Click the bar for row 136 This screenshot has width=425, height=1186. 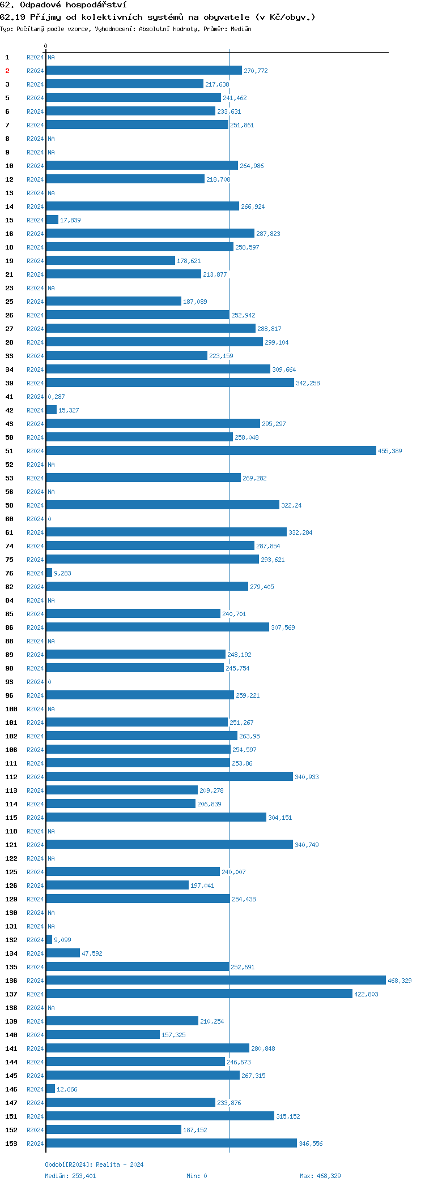click(215, 980)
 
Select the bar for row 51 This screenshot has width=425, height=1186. click(211, 450)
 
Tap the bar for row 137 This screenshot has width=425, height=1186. click(199, 994)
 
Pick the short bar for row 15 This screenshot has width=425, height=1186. click(52, 220)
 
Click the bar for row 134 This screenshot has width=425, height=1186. click(63, 953)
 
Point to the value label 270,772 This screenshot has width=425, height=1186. click(256, 71)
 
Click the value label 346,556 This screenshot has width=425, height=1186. click(311, 1144)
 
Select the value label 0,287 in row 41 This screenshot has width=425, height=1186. click(56, 397)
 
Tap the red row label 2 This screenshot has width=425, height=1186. click(7, 71)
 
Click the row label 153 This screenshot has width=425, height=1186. click(11, 1144)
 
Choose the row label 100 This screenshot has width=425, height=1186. click(11, 709)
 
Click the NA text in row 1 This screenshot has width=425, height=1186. click(51, 57)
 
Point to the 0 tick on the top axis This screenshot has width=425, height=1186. click(46, 46)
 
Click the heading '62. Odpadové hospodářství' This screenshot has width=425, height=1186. click(63, 5)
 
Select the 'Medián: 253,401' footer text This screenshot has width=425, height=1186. click(70, 1176)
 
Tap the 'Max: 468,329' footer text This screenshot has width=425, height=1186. click(320, 1176)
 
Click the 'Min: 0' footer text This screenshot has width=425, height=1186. click(197, 1176)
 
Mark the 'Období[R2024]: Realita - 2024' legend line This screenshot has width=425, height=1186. click(94, 1164)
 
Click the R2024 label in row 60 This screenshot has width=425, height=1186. click(35, 519)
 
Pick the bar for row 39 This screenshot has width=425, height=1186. click(170, 383)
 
